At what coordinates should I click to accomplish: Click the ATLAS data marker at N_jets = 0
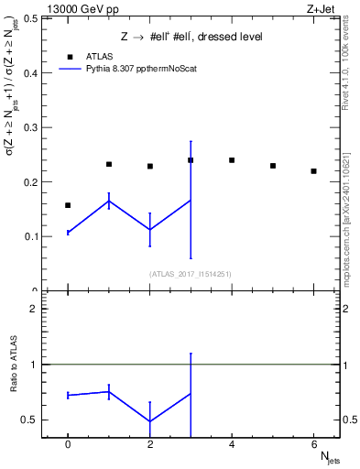point(68,205)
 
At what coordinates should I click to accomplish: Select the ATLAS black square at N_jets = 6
point(313,171)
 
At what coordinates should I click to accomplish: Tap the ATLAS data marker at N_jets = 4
point(232,160)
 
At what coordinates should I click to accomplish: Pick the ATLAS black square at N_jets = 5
point(273,166)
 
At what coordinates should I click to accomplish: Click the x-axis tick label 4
point(232,445)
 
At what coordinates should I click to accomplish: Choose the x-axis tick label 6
point(313,445)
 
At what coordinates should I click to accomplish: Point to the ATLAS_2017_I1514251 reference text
point(191,274)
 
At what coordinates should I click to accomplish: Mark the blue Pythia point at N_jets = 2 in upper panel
point(150,230)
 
